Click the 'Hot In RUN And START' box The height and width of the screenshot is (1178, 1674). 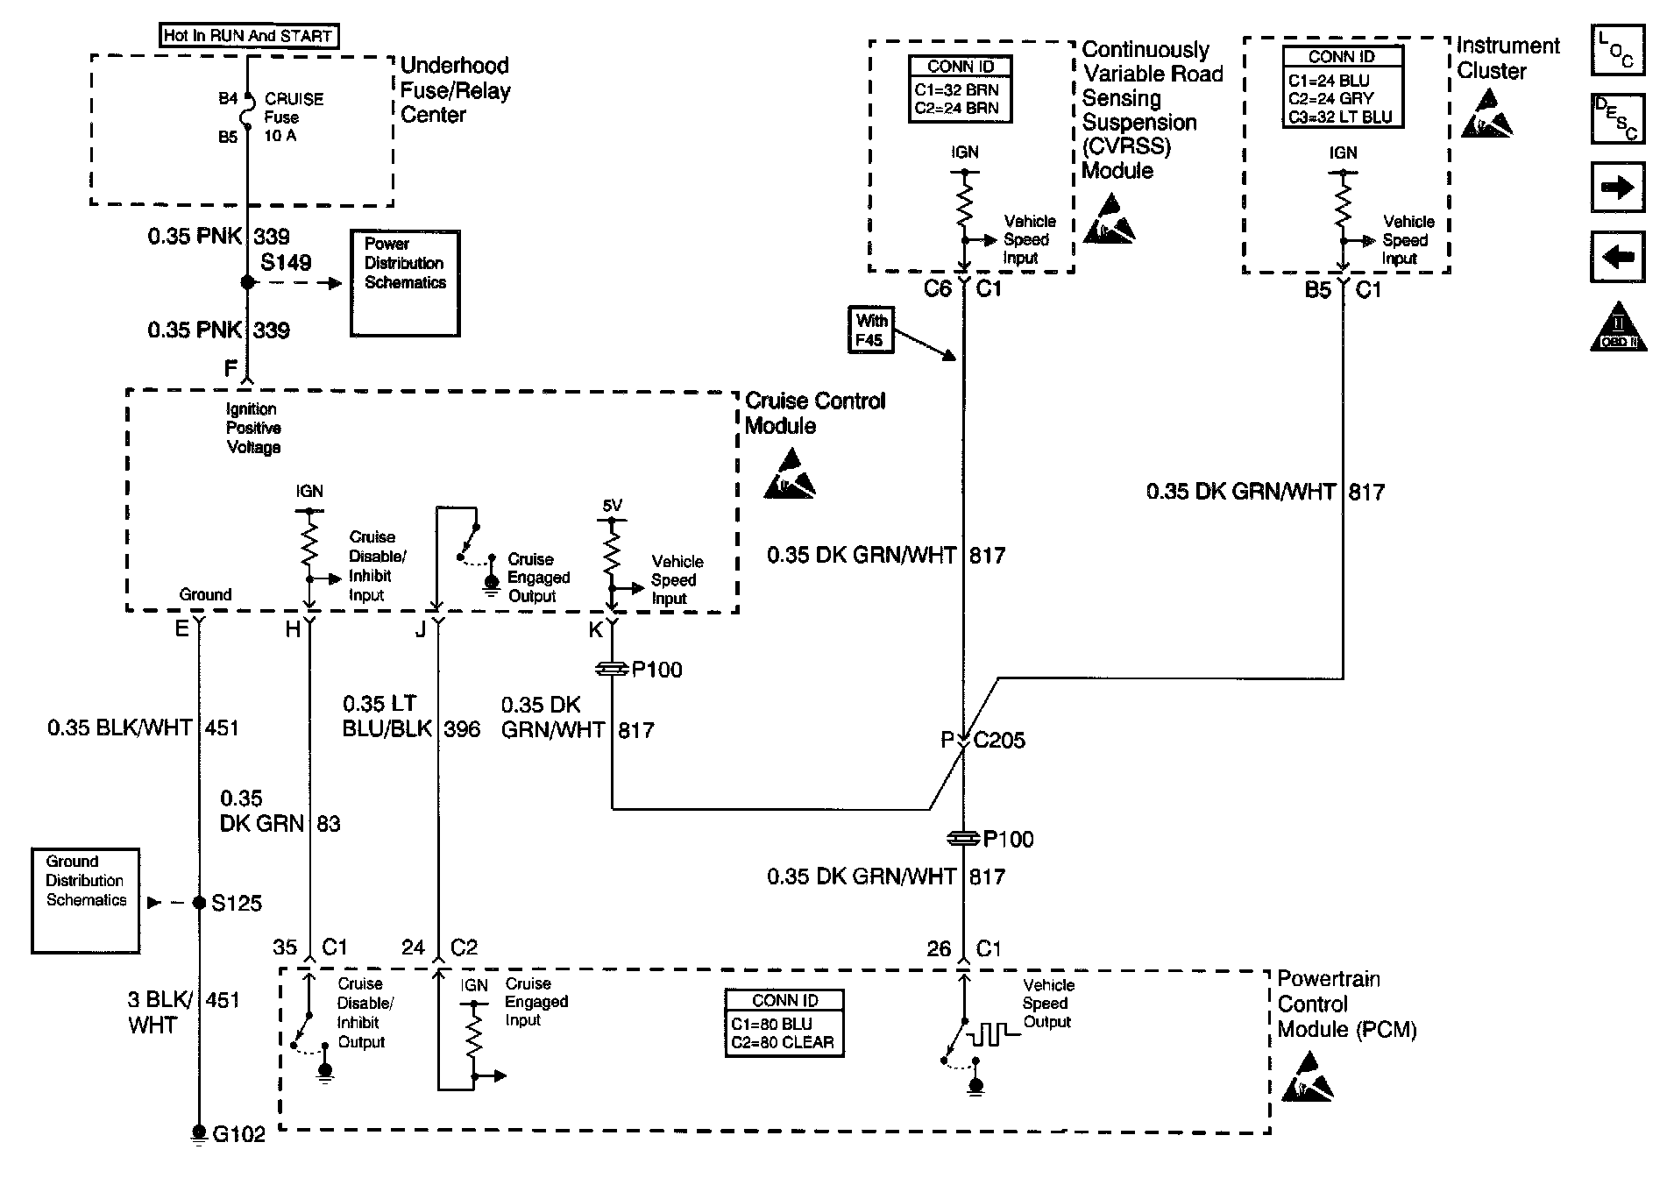248,36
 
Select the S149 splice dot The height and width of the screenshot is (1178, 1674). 248,282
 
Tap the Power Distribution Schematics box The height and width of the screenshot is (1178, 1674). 405,282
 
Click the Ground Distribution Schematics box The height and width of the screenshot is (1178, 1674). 85,899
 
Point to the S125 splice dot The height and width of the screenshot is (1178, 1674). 200,903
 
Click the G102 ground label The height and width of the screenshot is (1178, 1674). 238,1135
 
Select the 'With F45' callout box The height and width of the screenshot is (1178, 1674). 871,330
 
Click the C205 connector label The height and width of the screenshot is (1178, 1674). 999,741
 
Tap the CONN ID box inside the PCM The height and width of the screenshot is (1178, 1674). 784,1023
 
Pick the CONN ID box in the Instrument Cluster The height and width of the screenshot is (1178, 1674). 1342,87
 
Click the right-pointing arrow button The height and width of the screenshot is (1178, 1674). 1617,188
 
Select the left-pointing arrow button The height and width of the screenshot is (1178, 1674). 1617,257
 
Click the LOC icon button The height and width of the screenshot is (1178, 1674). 1617,50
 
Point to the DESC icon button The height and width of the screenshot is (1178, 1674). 1617,119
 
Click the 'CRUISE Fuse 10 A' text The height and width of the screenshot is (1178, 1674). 293,117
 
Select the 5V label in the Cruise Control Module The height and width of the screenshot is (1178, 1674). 612,506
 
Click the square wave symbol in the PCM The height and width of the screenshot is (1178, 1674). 990,1034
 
